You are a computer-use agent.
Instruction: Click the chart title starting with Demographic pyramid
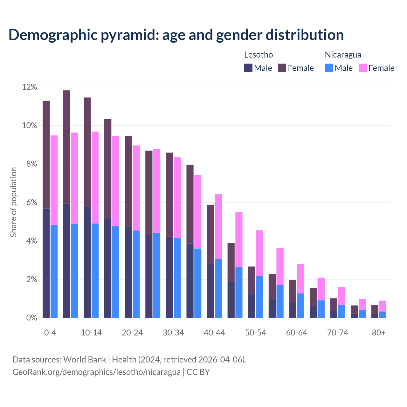pos(176,35)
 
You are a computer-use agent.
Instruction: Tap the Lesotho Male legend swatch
pos(248,68)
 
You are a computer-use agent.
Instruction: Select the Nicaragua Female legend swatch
pos(362,68)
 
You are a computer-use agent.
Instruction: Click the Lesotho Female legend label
pos(300,68)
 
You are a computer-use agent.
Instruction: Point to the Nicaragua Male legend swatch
pos(329,68)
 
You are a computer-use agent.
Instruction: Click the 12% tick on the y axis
pos(30,87)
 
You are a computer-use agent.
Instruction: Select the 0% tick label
pos(31,318)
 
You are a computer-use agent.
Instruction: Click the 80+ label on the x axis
pos(379,333)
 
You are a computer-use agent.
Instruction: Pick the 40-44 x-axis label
pos(214,333)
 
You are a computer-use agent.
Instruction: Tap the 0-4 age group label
pos(50,333)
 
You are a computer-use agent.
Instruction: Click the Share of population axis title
pos(14,202)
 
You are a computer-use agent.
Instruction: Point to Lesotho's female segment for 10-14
pos(87,152)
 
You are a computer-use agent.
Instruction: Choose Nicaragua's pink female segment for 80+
pos(383,306)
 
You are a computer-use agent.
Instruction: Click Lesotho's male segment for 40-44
pos(210,291)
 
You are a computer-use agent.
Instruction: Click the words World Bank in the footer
pos(85,360)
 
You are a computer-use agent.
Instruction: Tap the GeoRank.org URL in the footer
pos(96,372)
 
